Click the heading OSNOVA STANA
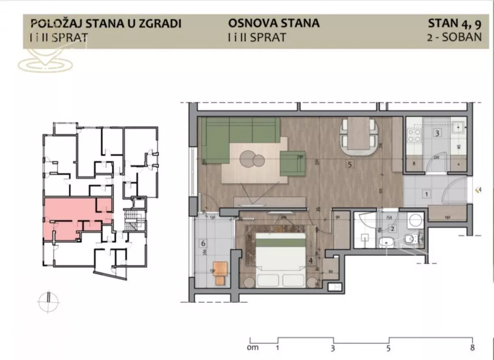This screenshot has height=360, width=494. [x=274, y=23]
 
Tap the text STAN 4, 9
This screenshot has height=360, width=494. [x=454, y=23]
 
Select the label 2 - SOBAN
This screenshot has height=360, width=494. [x=454, y=37]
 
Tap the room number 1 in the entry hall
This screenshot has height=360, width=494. [x=426, y=193]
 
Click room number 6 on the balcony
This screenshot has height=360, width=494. [x=203, y=243]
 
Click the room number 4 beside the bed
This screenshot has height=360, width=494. [x=310, y=260]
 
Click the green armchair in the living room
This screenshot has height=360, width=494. [x=293, y=163]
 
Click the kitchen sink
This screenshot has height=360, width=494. [x=458, y=128]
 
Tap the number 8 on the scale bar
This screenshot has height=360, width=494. [x=472, y=348]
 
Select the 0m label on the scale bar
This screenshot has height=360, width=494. [x=253, y=348]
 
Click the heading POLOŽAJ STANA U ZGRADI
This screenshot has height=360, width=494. [x=106, y=23]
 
